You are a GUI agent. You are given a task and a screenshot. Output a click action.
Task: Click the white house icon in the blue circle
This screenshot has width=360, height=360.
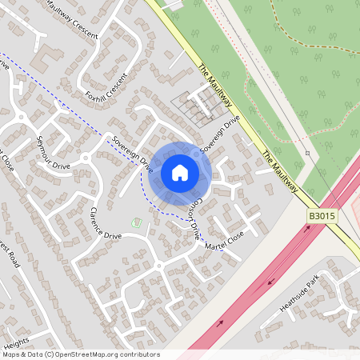coord(180,172)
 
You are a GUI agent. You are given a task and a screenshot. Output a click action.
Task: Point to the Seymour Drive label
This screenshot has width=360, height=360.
coord(54,149)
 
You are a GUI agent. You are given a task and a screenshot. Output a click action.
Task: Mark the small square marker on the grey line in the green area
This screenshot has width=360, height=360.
coord(307,152)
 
